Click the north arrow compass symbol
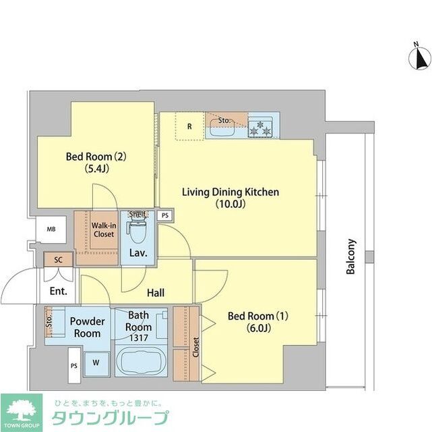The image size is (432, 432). click(x=420, y=58)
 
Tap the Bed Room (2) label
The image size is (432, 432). click(x=96, y=162)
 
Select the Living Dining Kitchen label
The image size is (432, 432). click(x=230, y=197)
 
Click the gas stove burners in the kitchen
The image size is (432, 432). click(x=261, y=126)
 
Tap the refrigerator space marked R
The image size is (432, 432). click(x=190, y=126)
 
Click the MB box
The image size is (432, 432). click(x=51, y=230)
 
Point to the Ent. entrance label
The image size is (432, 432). click(x=58, y=292)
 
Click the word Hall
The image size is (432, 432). click(x=156, y=292)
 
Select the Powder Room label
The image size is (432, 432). click(x=87, y=327)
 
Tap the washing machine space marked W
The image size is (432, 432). click(x=96, y=362)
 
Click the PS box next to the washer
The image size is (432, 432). click(x=73, y=367)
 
